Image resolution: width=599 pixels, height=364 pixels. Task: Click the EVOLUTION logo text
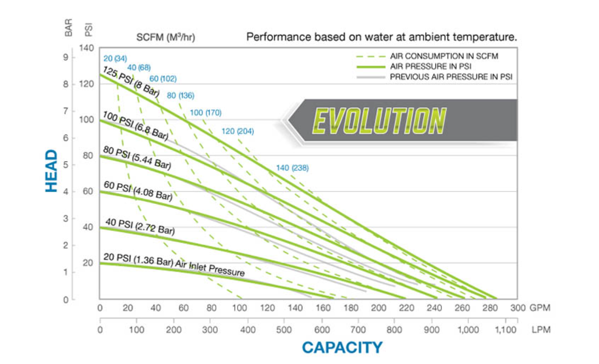click(x=379, y=120)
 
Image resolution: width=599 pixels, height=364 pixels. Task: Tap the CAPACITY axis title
click(x=342, y=347)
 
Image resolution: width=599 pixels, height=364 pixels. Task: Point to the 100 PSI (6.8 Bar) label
click(x=135, y=126)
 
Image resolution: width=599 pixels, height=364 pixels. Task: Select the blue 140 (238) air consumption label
click(x=292, y=168)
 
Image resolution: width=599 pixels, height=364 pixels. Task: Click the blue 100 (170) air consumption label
click(x=205, y=113)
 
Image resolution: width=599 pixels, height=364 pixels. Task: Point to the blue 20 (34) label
click(x=112, y=59)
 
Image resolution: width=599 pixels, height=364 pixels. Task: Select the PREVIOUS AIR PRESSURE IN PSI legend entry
click(x=451, y=76)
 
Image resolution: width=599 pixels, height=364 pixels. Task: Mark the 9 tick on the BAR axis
click(x=66, y=57)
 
